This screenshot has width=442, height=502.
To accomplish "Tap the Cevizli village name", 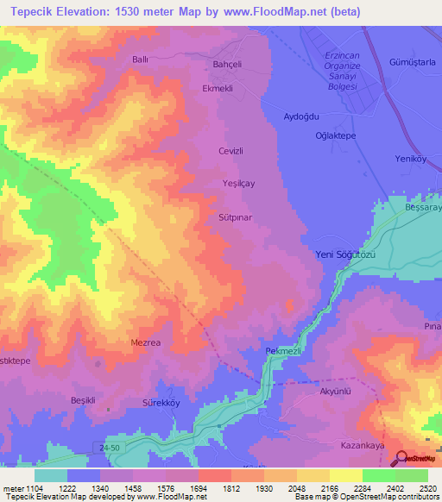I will point(230,150).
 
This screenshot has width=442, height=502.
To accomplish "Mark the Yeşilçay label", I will point(239,184).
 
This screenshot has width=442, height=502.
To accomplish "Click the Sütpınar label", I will point(235,218).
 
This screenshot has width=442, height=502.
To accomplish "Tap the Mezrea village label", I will point(145,342).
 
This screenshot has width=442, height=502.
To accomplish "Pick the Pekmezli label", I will point(281,352).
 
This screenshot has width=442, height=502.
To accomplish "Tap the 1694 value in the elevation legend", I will point(198,489).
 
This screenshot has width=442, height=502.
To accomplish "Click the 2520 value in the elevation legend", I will point(427,489).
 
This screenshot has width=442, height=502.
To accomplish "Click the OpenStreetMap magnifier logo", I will point(403,458).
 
